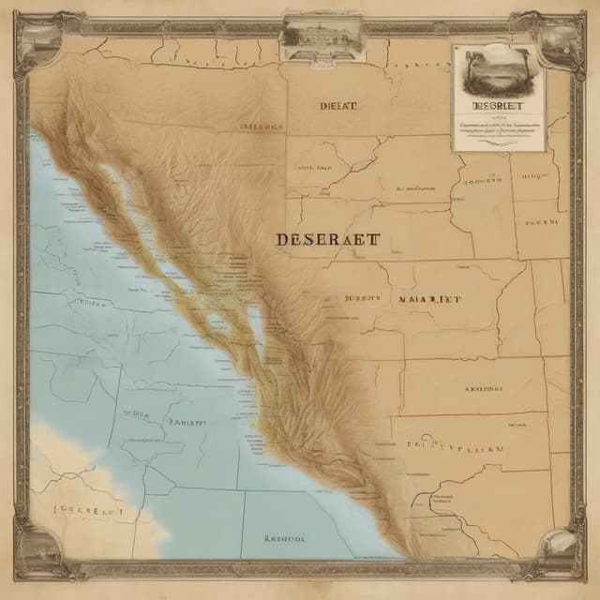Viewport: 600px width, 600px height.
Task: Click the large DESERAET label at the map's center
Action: [x=328, y=239]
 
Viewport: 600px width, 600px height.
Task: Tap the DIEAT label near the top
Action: [x=337, y=106]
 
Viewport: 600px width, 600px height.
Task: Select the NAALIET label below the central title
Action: [x=429, y=299]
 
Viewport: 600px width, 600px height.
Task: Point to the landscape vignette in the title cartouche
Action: [x=497, y=70]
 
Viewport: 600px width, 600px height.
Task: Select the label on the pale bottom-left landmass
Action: [x=89, y=512]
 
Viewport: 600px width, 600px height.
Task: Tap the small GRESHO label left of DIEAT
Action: [x=261, y=124]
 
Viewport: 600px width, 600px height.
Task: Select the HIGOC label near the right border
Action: [x=542, y=174]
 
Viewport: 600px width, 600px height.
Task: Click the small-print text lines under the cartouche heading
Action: [x=498, y=127]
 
